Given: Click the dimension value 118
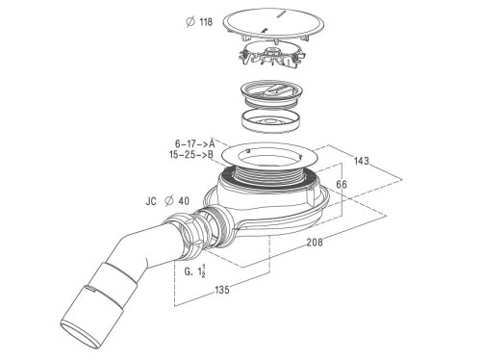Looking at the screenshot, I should pos(205,21).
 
